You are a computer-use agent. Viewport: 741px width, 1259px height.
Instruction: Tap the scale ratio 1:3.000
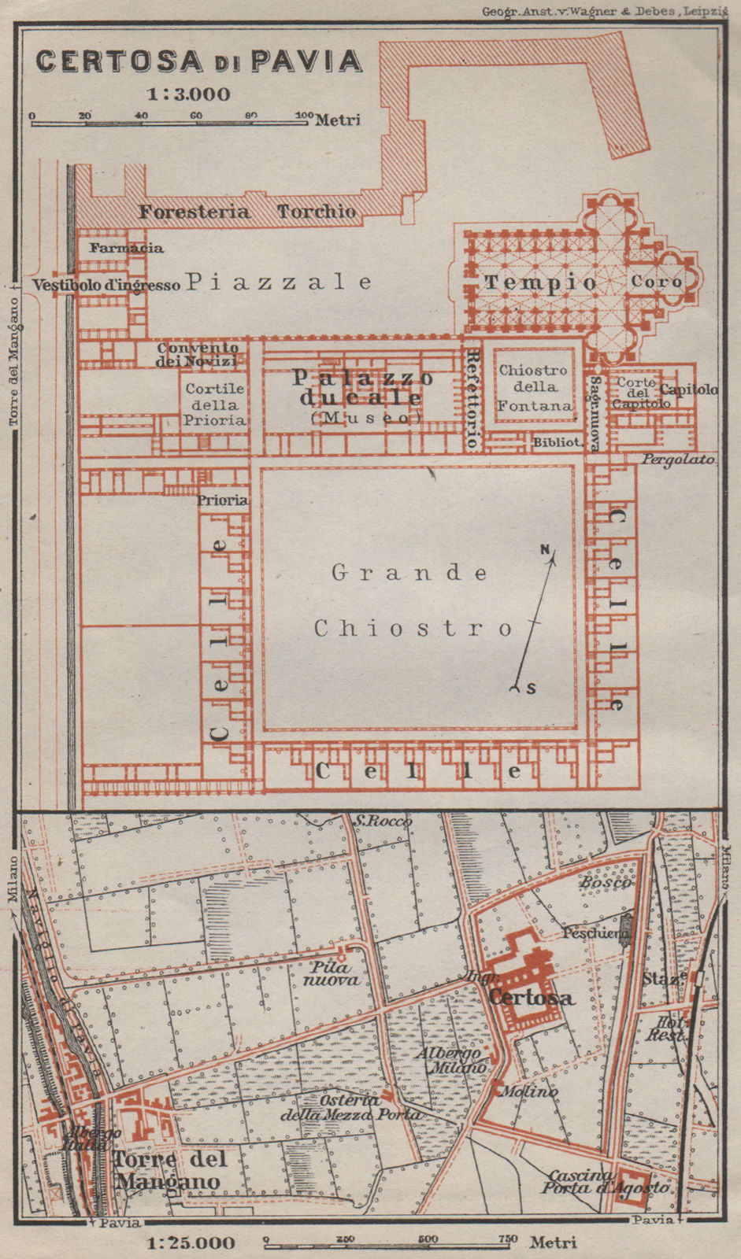189,94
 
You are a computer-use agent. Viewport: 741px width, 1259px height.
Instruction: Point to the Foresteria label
195,212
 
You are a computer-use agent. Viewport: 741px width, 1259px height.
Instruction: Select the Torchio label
317,212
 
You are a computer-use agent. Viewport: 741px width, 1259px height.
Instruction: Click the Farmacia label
126,248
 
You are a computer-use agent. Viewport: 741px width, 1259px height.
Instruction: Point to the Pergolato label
677,459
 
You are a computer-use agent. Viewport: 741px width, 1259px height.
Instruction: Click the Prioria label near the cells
223,500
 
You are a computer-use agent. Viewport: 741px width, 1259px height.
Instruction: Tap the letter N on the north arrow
544,550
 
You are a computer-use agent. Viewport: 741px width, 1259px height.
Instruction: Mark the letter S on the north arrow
531,689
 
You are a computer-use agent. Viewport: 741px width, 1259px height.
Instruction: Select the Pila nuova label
332,973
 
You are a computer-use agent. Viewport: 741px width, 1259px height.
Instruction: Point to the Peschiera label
595,933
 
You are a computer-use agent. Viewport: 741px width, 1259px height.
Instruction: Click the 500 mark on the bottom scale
427,1239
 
